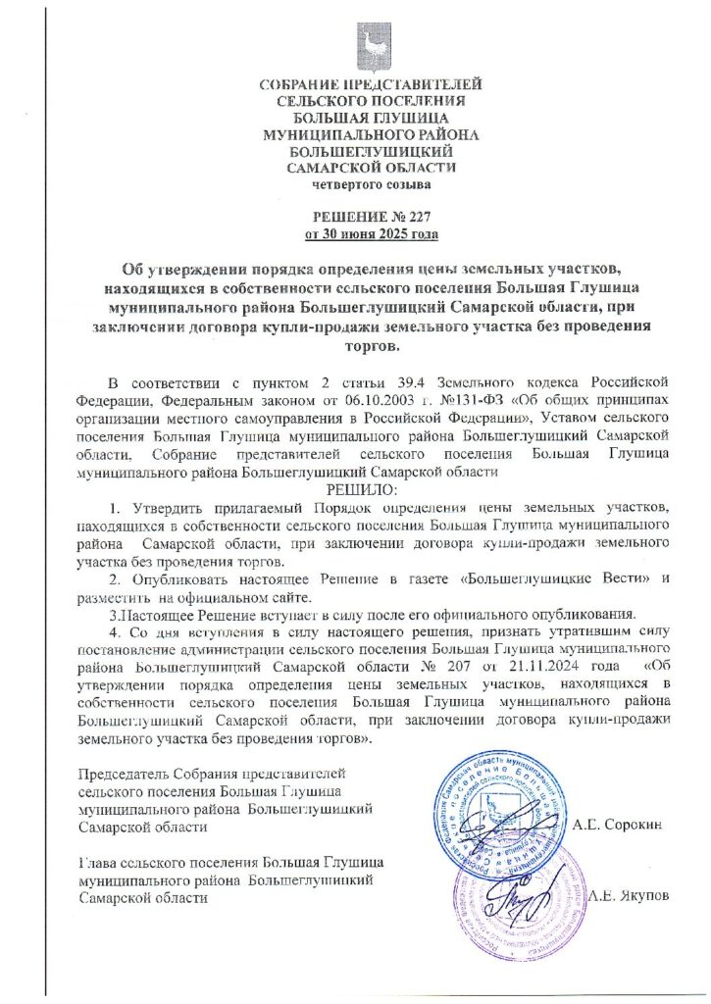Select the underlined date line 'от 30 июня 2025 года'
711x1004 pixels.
coord(372,234)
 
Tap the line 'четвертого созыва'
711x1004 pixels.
coord(371,183)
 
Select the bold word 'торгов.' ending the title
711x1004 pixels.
coord(371,346)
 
